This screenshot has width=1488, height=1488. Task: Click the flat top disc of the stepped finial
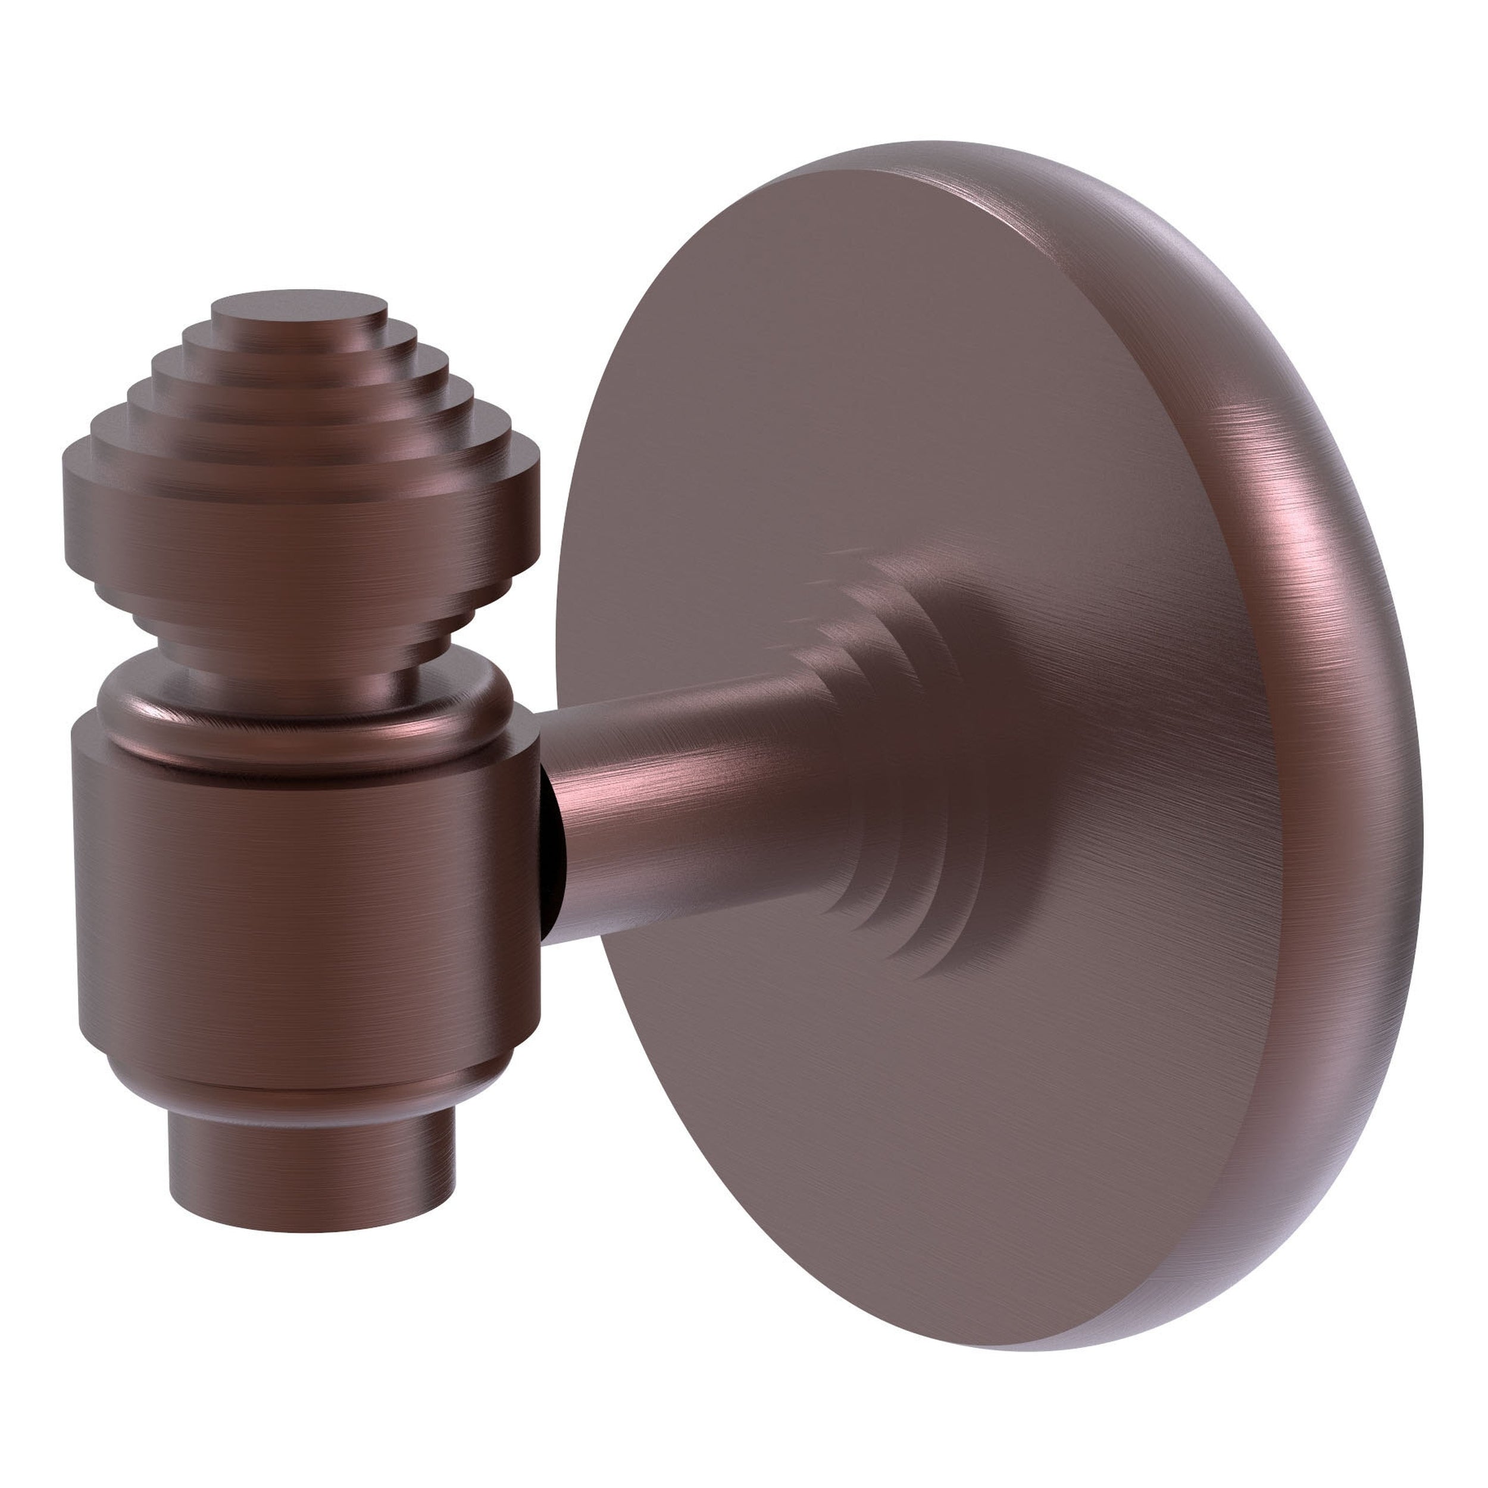[x=299, y=304]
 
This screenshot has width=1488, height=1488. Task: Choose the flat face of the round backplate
[x=886, y=385]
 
